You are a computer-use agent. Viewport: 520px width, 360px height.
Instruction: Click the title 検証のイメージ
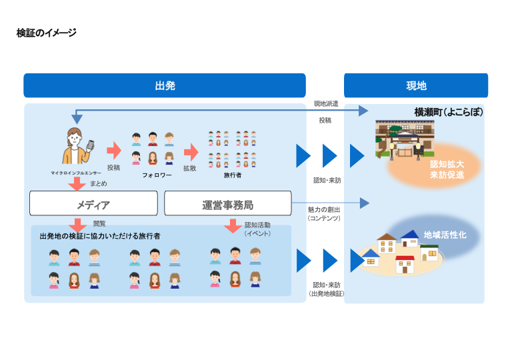point(46,33)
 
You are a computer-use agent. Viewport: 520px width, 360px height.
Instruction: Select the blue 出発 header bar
point(165,86)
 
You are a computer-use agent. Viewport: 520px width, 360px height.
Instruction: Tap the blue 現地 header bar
point(415,86)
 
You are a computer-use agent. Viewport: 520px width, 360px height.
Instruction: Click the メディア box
point(93,203)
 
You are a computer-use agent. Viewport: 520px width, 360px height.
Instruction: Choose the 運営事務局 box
point(227,203)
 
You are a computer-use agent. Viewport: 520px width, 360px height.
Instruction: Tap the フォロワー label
point(157,175)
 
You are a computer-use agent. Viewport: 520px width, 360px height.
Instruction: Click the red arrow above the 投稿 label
point(114,151)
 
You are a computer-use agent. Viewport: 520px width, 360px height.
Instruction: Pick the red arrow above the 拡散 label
point(191,151)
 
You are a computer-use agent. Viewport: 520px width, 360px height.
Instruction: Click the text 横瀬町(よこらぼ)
point(448,112)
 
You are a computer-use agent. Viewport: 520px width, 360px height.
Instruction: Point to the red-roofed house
point(405,263)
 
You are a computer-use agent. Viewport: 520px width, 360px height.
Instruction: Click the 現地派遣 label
point(326,104)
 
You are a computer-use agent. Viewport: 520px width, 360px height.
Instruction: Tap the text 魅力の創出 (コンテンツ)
point(324,214)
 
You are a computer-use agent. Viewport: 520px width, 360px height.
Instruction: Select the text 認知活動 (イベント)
point(256,229)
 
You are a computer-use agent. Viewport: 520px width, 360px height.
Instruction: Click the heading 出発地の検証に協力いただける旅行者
point(100,236)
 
